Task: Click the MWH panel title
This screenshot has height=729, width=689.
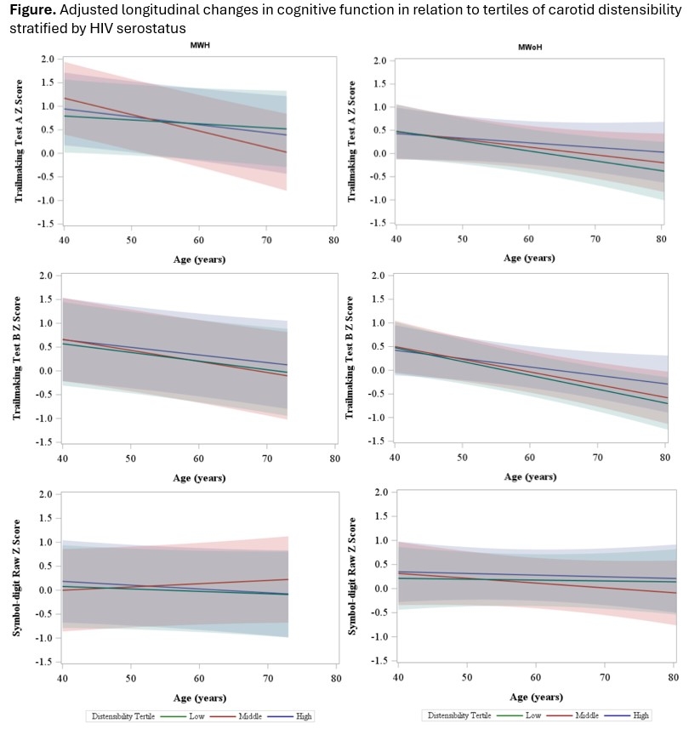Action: tap(201, 43)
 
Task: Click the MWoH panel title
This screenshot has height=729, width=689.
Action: tap(530, 47)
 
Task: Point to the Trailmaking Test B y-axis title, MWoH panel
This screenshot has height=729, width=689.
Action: tap(350, 356)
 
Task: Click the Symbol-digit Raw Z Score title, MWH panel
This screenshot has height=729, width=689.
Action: tap(19, 575)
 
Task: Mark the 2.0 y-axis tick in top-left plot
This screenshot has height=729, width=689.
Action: tap(46, 60)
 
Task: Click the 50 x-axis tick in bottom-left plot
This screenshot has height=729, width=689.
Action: tap(129, 679)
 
